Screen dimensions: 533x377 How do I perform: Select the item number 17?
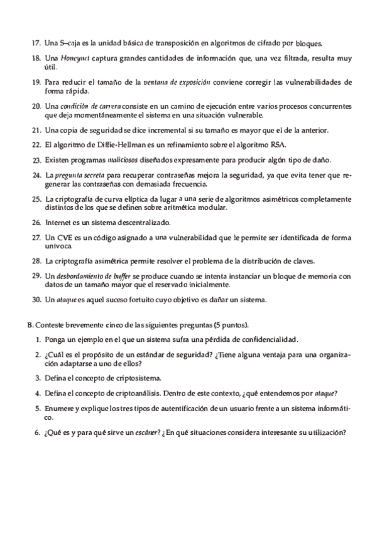(35, 44)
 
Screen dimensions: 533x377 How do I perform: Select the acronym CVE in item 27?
(68, 237)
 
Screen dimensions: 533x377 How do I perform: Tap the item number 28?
(35, 260)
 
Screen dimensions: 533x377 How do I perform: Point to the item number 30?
(35, 299)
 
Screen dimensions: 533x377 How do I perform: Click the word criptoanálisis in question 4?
(159, 393)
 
